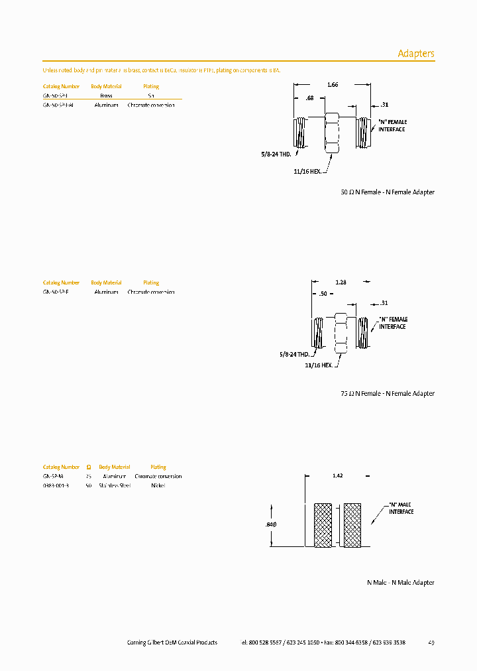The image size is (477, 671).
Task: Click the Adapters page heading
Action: tap(415, 54)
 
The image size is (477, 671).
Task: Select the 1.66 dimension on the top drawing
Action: tap(333, 85)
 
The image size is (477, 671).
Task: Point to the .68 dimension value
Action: tap(309, 99)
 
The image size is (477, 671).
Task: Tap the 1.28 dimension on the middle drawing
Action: tap(341, 282)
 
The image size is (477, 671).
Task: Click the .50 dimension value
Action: tap(323, 294)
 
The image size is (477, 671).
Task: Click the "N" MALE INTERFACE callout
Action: tap(400, 509)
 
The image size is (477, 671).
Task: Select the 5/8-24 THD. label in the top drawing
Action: tap(276, 154)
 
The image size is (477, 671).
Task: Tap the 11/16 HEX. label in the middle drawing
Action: tap(319, 365)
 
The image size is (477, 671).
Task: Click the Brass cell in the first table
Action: tap(106, 95)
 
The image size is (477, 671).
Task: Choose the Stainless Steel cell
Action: tap(115, 485)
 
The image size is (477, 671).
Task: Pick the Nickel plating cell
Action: tap(158, 485)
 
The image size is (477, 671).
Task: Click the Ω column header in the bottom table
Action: tap(89, 467)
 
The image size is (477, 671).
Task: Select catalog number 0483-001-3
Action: tap(57, 485)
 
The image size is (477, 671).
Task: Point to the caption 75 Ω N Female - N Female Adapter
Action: tap(387, 394)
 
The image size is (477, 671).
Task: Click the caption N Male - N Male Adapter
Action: tap(400, 583)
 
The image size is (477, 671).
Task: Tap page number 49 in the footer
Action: tap(431, 642)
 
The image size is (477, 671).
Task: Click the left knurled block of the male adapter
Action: tap(323, 524)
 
